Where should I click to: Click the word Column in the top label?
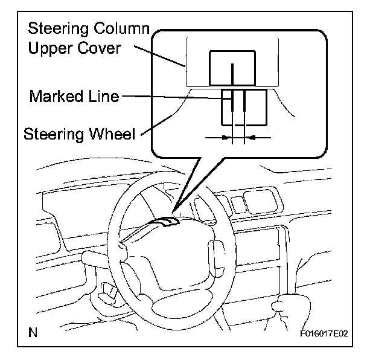(121, 28)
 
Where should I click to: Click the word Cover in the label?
(99, 48)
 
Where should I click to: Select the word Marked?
(56, 96)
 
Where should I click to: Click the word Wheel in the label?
(113, 133)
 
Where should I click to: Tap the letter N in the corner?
(33, 332)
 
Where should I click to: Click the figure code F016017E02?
(324, 333)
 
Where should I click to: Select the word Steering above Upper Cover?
(59, 29)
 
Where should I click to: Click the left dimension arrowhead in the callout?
(226, 138)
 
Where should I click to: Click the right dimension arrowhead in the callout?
(250, 138)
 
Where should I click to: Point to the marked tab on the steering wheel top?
(166, 222)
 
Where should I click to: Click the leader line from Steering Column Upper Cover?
(160, 56)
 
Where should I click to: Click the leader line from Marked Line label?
(177, 97)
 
